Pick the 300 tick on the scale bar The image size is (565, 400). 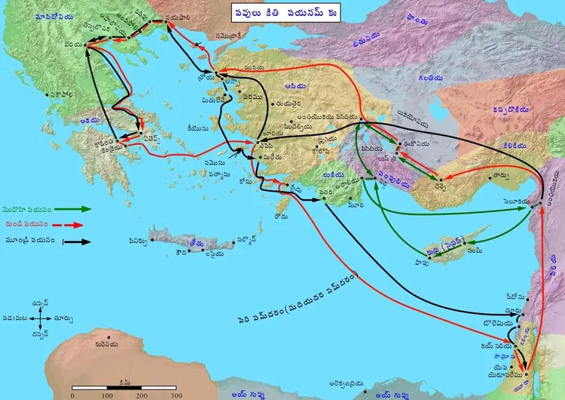coord(175,395)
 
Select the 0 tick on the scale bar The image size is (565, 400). coord(72,395)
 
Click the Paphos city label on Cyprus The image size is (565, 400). coord(424,260)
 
